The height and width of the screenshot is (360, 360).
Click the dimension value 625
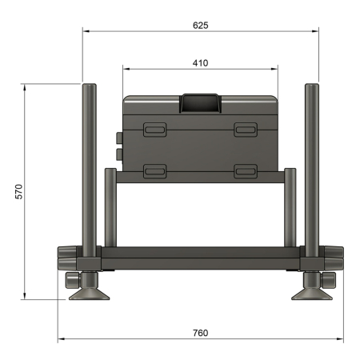(x=200, y=26)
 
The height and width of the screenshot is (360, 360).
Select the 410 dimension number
(x=200, y=62)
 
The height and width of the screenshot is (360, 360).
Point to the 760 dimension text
(x=200, y=332)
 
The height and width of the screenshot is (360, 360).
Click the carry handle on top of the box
(x=201, y=102)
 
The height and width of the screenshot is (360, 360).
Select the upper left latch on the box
(x=154, y=129)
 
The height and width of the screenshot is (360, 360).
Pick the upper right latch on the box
(x=245, y=129)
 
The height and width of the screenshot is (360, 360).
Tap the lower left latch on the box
(x=154, y=170)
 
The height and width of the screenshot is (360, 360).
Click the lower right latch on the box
(x=245, y=170)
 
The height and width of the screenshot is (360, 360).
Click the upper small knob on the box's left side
(x=120, y=137)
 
